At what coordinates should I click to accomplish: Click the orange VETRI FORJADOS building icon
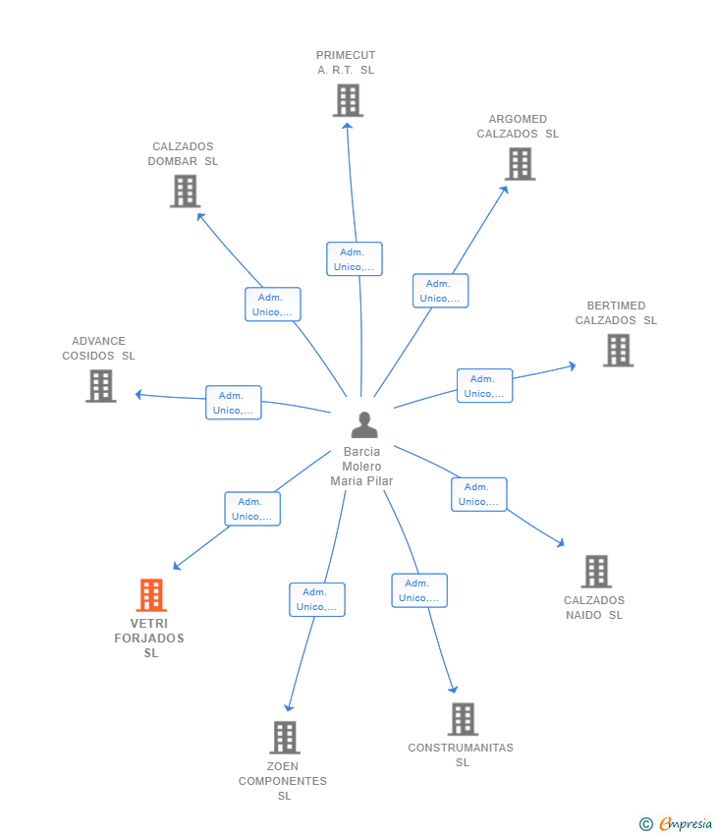(151, 595)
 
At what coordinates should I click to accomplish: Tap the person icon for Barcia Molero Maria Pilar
(364, 424)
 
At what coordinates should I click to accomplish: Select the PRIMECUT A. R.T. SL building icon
(349, 100)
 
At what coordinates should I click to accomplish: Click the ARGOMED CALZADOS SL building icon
(521, 164)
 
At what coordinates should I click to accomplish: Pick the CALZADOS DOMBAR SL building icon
(186, 192)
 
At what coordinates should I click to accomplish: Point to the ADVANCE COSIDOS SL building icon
(101, 386)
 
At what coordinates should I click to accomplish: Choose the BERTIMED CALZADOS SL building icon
(618, 351)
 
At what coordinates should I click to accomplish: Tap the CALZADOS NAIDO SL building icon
(596, 572)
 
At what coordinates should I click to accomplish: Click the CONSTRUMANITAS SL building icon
(463, 719)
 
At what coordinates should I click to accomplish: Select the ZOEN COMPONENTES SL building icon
(285, 738)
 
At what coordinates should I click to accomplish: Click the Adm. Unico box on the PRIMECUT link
(355, 258)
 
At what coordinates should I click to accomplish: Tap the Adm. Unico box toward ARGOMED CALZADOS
(441, 291)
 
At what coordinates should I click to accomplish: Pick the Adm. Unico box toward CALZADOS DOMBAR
(273, 305)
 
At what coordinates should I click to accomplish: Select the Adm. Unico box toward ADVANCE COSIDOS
(234, 403)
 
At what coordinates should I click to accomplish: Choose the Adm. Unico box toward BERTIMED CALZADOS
(485, 385)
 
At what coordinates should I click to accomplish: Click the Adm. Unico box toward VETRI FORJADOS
(252, 509)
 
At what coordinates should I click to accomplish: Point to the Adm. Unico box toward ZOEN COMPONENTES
(317, 599)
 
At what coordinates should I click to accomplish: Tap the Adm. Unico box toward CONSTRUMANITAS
(419, 590)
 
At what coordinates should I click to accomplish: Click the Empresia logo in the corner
(676, 824)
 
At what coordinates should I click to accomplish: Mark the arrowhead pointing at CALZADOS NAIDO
(560, 543)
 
